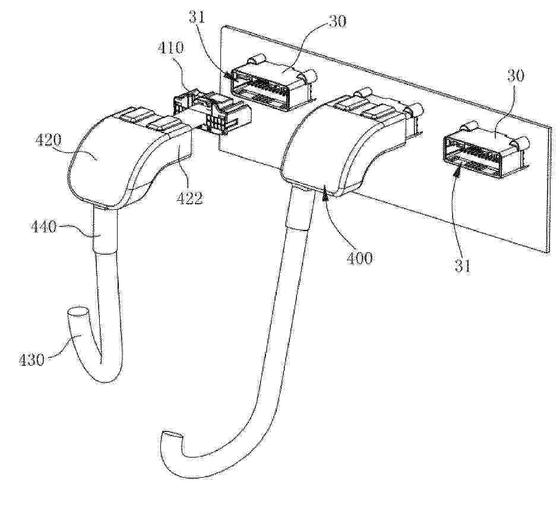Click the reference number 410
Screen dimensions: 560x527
tap(170, 48)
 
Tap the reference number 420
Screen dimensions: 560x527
tap(49, 141)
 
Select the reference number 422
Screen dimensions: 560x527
tap(189, 198)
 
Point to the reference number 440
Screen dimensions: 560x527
tap(43, 227)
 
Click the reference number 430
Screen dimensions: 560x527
tap(31, 359)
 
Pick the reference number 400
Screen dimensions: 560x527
tap(359, 258)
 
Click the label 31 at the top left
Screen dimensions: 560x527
tap(197, 17)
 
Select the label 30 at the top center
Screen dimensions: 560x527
tap(337, 21)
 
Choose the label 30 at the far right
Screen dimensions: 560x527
tap(515, 75)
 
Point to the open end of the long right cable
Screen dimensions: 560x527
tap(172, 437)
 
